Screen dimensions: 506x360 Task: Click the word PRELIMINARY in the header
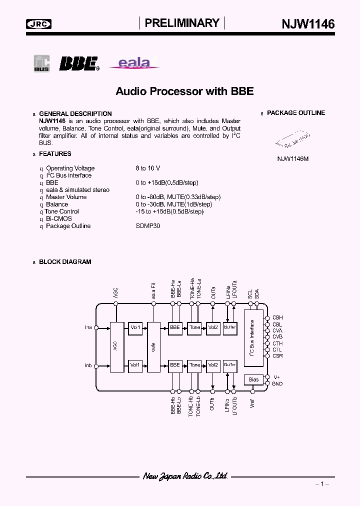[182, 23]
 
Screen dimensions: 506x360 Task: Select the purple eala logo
[133, 63]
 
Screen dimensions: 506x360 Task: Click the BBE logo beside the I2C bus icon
[79, 63]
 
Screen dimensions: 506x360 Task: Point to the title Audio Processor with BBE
[184, 91]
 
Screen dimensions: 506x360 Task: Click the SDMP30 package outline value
[148, 226]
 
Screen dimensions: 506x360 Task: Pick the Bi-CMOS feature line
[58, 218]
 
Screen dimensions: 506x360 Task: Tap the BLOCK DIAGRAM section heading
[65, 261]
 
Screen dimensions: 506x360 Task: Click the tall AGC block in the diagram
[116, 346]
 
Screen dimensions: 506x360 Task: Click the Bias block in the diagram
[253, 380]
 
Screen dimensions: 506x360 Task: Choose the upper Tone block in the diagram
[195, 327]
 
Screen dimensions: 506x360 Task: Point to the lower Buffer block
[229, 365]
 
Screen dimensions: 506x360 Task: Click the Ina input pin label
[88, 328]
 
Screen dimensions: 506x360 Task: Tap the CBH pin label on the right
[277, 317]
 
